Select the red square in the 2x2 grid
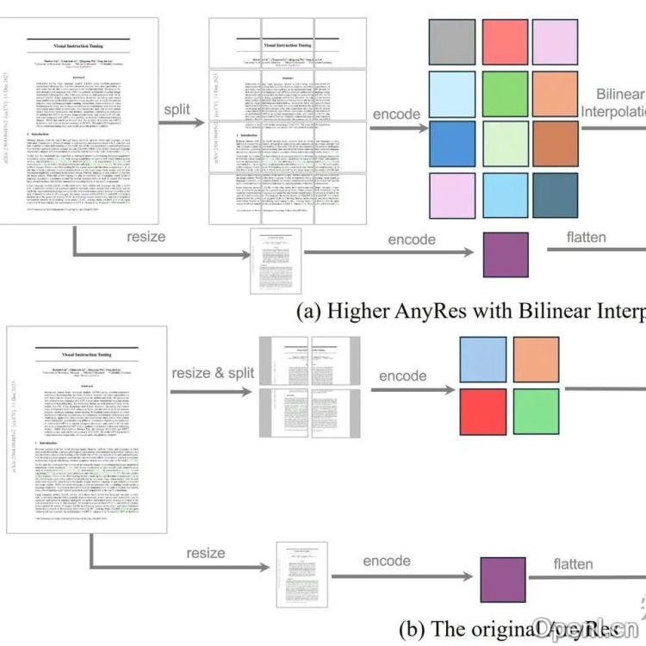click(x=484, y=411)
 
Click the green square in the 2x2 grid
click(x=536, y=411)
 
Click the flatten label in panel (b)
click(x=574, y=564)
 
